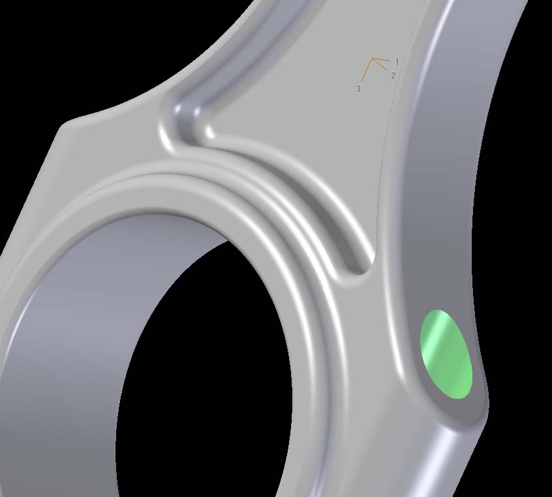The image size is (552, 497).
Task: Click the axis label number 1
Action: pyautogui.click(x=397, y=62)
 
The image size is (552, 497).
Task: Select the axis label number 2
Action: pyautogui.click(x=393, y=76)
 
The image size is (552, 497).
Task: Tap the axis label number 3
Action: pyautogui.click(x=358, y=89)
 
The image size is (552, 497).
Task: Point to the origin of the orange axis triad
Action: pyautogui.click(x=372, y=59)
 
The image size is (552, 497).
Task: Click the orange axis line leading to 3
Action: pyautogui.click(x=367, y=70)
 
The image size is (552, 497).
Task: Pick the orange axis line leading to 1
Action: pyautogui.click(x=381, y=60)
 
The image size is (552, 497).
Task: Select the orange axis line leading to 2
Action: pyautogui.click(x=380, y=65)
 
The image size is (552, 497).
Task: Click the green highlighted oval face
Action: pyautogui.click(x=446, y=354)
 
